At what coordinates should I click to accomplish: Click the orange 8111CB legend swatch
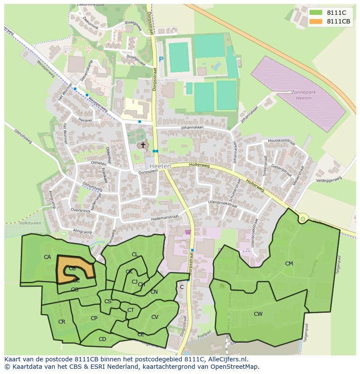pyautogui.click(x=316, y=21)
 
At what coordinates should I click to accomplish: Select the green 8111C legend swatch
pyautogui.click(x=316, y=13)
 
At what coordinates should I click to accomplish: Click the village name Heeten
pyautogui.click(x=160, y=166)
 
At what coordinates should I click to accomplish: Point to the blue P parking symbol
pyautogui.click(x=161, y=60)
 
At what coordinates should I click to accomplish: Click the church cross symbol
pyautogui.click(x=143, y=145)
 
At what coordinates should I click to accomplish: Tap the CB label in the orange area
pyautogui.click(x=72, y=268)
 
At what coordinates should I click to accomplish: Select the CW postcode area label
pyautogui.click(x=258, y=314)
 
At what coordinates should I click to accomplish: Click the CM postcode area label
pyautogui.click(x=289, y=264)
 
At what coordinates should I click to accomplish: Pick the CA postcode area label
pyautogui.click(x=47, y=257)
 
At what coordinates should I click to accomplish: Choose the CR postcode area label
pyautogui.click(x=61, y=322)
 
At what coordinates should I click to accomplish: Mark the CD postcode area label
pyautogui.click(x=102, y=339)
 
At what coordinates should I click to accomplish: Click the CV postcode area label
pyautogui.click(x=154, y=317)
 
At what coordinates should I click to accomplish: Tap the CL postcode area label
pyautogui.click(x=135, y=255)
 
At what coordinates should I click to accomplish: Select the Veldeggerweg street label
pyautogui.click(x=329, y=179)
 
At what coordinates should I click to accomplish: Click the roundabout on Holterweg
pyautogui.click(x=302, y=219)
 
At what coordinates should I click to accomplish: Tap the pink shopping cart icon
pyautogui.click(x=188, y=232)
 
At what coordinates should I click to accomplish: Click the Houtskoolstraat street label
pyautogui.click(x=281, y=141)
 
